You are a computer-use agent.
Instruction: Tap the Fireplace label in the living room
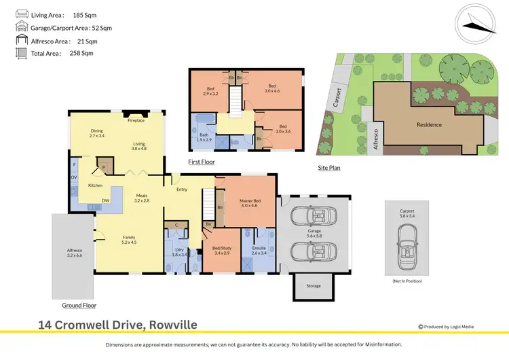click(136, 120)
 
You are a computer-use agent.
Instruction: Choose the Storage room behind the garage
click(313, 286)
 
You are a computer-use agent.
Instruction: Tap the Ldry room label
click(180, 252)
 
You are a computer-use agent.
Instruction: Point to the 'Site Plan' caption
click(329, 167)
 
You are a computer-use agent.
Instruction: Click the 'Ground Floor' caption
click(79, 306)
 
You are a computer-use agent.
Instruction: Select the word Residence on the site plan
click(429, 124)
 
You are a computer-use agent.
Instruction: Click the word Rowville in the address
click(170, 325)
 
